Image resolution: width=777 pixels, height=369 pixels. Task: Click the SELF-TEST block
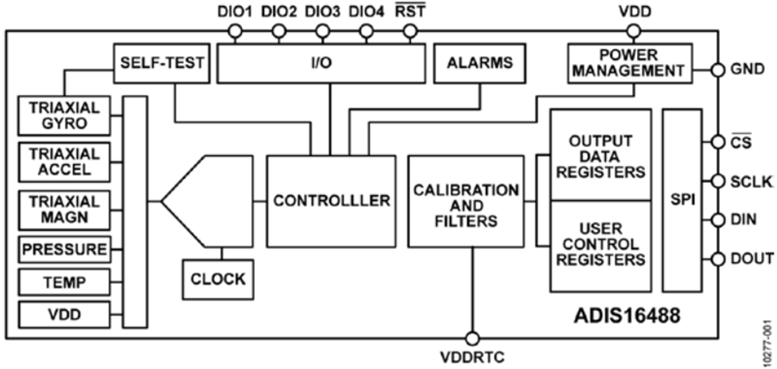tap(161, 63)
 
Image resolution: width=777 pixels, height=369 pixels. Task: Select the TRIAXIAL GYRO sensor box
tap(64, 116)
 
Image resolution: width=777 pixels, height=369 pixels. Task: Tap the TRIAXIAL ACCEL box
tap(64, 162)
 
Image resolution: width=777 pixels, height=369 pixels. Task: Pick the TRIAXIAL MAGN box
tap(64, 210)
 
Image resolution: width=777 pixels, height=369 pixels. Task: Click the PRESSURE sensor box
tap(64, 249)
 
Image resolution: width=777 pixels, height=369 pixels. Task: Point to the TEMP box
tap(64, 282)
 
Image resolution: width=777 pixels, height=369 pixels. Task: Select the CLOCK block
tap(218, 279)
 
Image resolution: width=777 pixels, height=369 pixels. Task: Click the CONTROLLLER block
tap(331, 202)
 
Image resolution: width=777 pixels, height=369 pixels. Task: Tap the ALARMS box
tap(480, 63)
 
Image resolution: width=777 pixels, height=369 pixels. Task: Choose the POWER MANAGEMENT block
tap(629, 63)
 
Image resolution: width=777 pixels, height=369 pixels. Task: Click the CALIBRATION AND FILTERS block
tap(466, 202)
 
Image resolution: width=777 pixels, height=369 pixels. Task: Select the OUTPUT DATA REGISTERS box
tap(601, 155)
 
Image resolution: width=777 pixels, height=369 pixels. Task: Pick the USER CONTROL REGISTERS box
tap(601, 247)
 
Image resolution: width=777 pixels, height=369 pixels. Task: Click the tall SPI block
tap(682, 200)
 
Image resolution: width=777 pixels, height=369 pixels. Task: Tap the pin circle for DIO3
tap(323, 32)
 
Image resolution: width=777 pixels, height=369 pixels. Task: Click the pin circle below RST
tap(410, 32)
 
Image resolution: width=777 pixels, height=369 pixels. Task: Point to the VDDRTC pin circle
tap(473, 338)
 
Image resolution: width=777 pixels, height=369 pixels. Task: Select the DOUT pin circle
tap(717, 259)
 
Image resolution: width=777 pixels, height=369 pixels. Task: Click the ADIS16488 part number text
tap(627, 316)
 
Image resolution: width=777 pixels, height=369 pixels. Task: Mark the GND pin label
tap(748, 70)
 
